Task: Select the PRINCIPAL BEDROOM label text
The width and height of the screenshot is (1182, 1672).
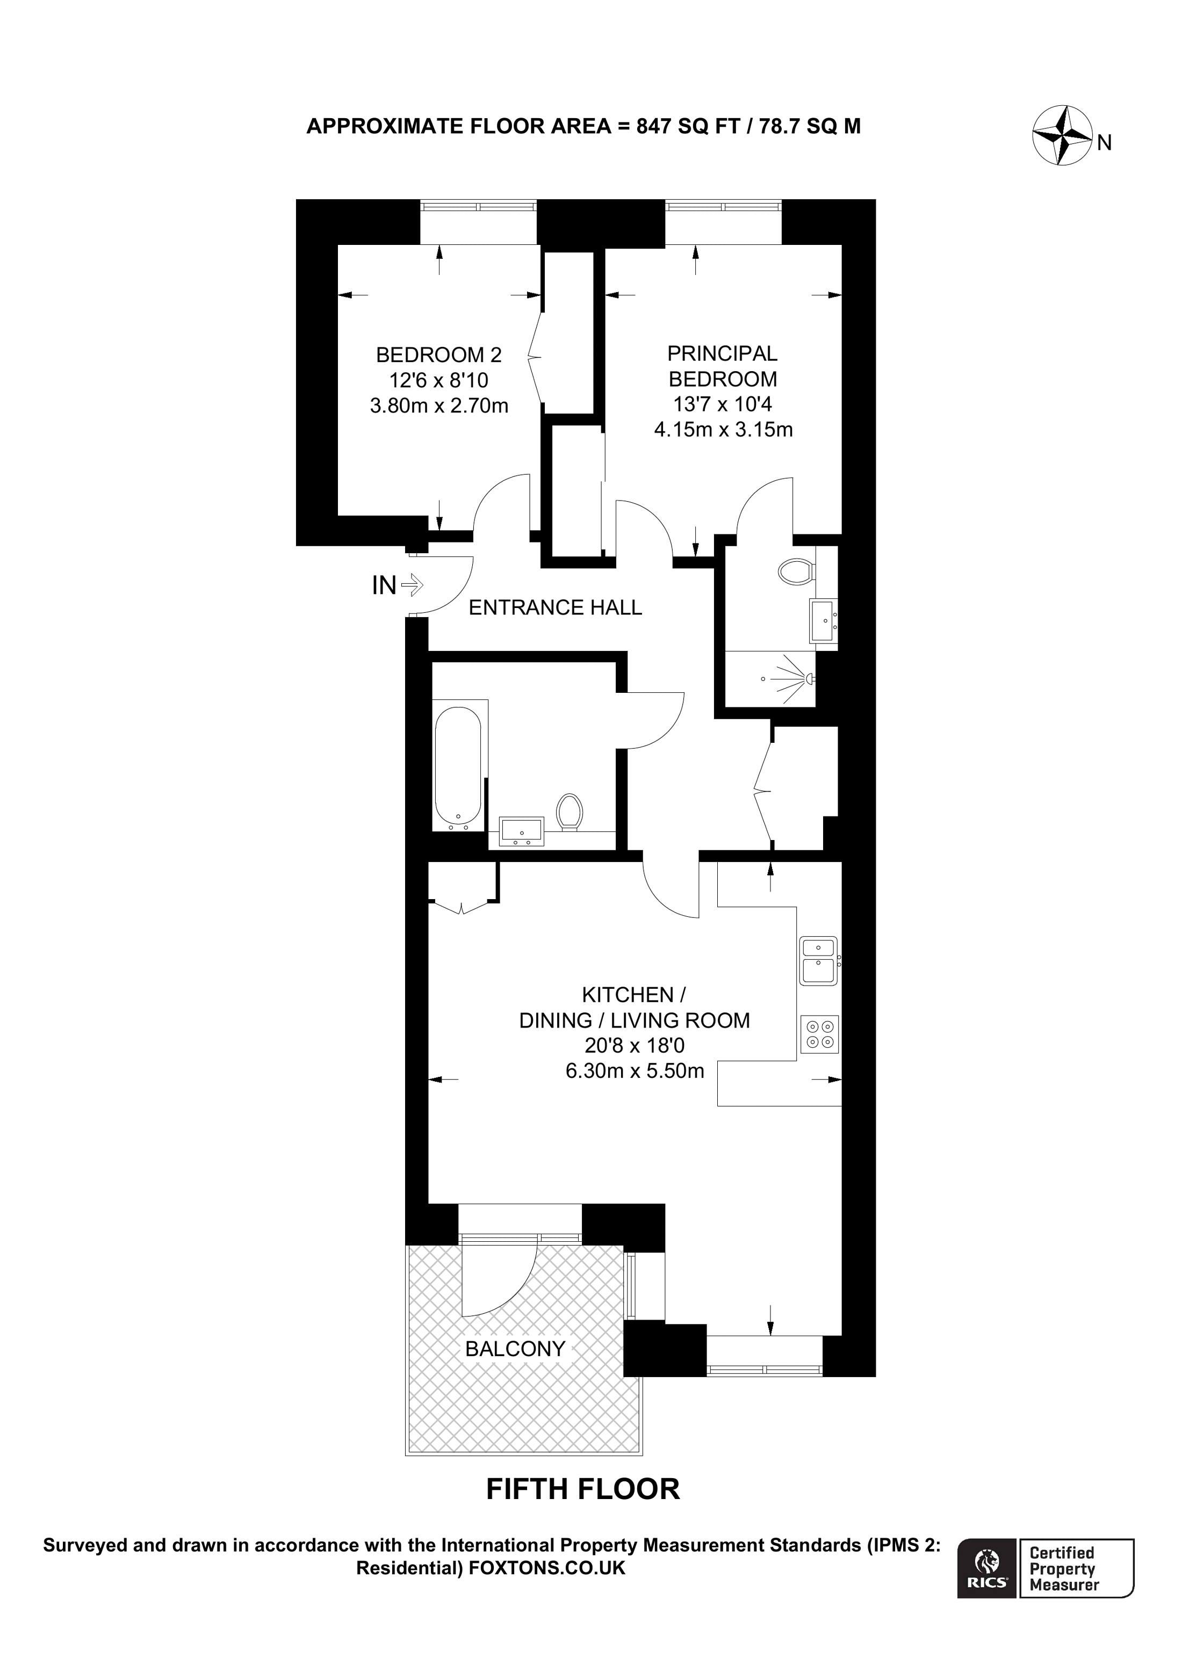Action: pos(723,366)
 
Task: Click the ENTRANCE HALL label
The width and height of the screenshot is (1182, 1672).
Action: pos(555,607)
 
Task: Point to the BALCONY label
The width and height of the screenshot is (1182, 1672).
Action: pos(515,1349)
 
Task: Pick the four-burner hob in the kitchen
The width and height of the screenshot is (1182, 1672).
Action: pos(819,1034)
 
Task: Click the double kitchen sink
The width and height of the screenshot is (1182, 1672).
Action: pos(819,960)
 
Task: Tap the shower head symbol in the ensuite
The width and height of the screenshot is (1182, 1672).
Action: pos(809,679)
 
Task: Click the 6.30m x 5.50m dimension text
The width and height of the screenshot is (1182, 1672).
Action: pos(635,1070)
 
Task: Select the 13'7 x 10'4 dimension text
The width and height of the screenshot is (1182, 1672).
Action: pos(723,403)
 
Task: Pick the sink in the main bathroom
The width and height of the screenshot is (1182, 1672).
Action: pos(521,831)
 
